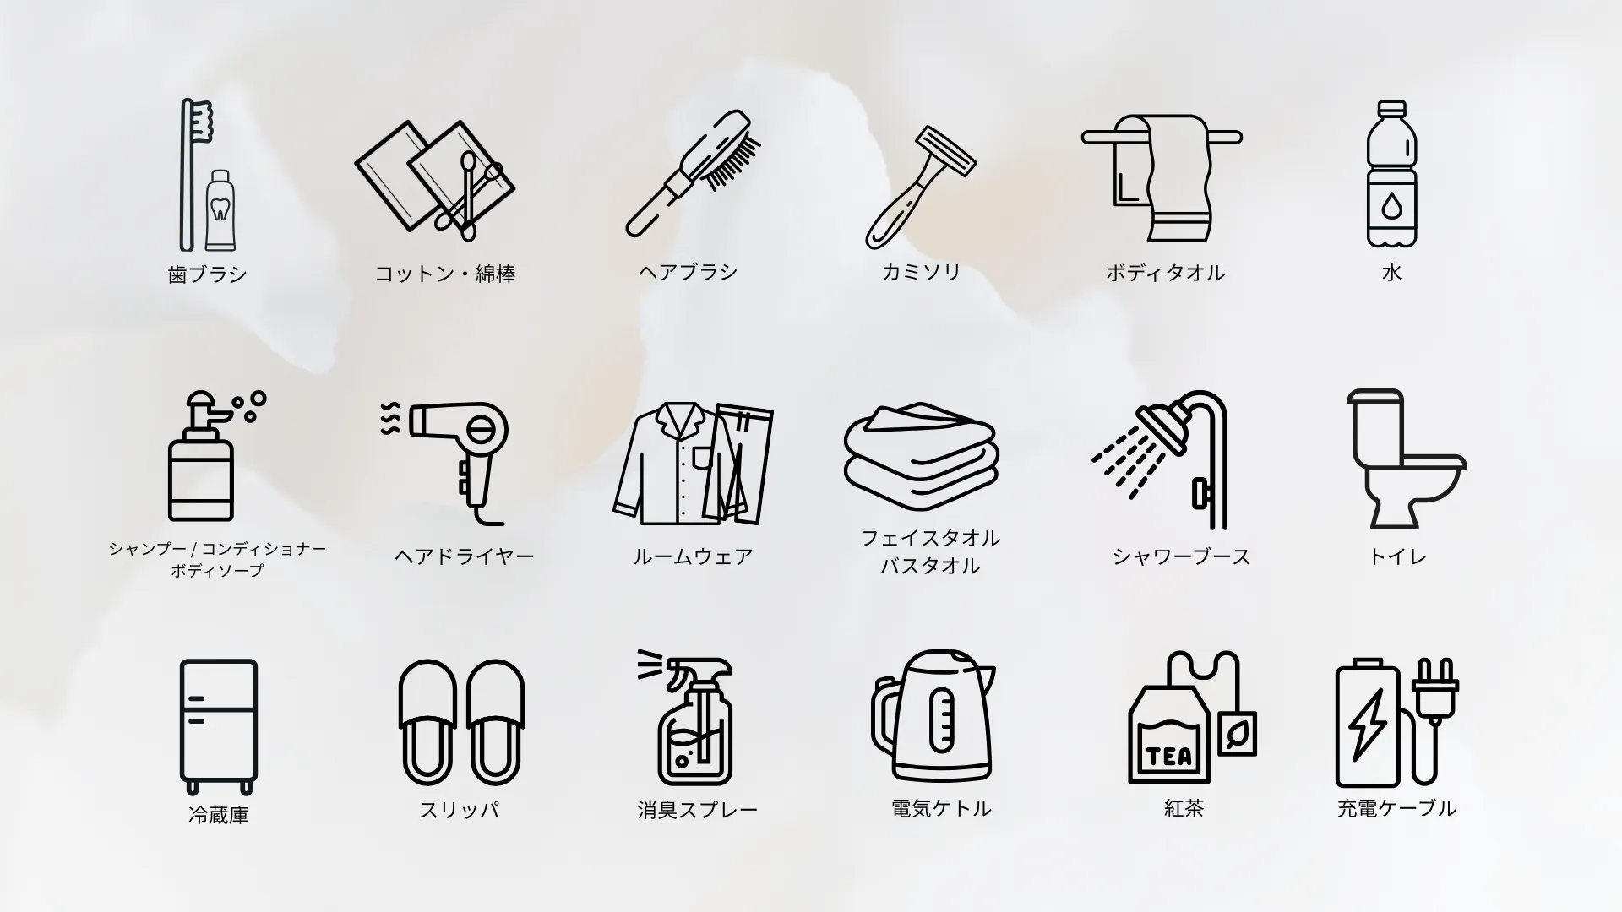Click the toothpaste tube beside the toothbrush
pos(220,209)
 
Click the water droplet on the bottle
pos(1391,206)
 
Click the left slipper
pos(427,723)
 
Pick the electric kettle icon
pos(933,716)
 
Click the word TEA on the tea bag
pos(1171,756)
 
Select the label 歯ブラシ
pos(208,274)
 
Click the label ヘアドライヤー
pos(465,556)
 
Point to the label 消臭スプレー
pos(698,810)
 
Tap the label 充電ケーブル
pos(1396,808)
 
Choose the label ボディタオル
pos(1165,273)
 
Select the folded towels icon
pos(922,456)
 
